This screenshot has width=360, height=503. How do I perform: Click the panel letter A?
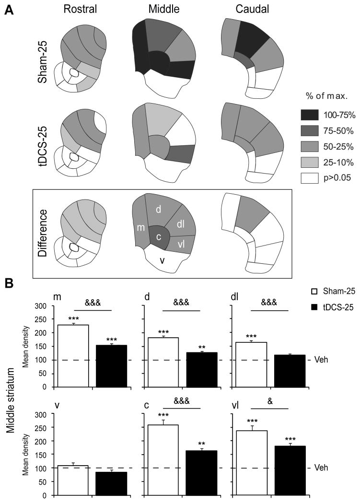tap(8, 10)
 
